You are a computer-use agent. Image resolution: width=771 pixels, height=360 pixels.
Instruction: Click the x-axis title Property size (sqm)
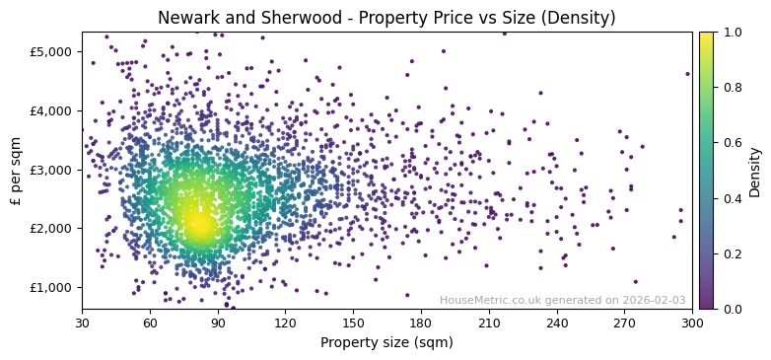[386, 342]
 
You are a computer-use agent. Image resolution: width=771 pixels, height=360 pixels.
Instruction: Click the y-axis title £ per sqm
[17, 171]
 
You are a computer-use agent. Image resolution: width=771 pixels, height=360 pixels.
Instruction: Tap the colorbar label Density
[754, 171]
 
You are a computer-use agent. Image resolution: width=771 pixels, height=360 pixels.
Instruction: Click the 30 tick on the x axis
[82, 322]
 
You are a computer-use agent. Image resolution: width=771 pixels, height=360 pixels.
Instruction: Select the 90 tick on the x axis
[218, 322]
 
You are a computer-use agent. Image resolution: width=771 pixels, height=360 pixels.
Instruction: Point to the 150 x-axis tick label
[353, 322]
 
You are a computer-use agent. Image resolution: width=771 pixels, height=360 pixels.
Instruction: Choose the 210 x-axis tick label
[489, 322]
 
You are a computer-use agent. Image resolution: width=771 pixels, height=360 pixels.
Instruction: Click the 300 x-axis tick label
[692, 322]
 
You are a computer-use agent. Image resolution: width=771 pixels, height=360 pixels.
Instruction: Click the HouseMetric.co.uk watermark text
[562, 300]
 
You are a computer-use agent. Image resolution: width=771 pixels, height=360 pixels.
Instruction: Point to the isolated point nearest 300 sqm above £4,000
[688, 74]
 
